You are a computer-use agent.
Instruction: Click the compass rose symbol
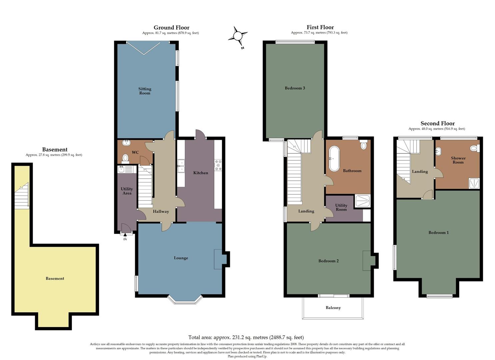(238, 36)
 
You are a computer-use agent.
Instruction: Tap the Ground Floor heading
(171, 28)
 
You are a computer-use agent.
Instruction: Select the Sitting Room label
(145, 91)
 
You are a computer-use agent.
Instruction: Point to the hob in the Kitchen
(218, 166)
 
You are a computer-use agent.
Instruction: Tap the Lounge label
(181, 258)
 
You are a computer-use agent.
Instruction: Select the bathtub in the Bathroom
(333, 159)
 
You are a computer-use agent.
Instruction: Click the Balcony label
(333, 308)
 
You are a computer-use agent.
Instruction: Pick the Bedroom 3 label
(295, 88)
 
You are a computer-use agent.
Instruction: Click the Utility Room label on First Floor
(341, 207)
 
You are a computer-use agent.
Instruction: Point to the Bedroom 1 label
(438, 233)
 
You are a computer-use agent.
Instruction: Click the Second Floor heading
(437, 124)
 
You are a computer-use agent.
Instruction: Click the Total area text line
(246, 337)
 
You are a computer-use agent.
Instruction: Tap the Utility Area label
(127, 191)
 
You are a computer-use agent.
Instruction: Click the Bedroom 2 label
(328, 261)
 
